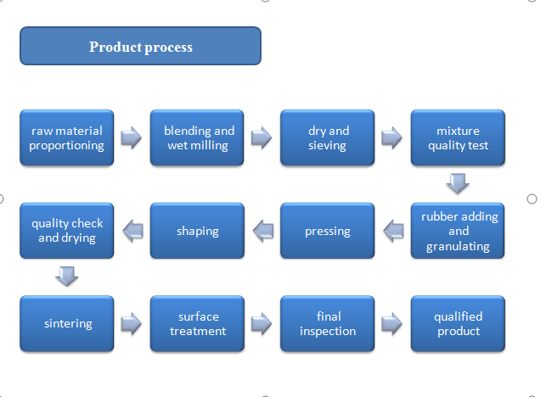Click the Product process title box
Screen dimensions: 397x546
pos(140,47)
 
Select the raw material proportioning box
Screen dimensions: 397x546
pos(66,137)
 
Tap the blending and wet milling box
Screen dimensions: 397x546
pos(197,137)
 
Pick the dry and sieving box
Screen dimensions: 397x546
pos(327,137)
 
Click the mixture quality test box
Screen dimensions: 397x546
pos(458,137)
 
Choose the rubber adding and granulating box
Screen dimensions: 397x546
pos(458,230)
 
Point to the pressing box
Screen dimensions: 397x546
pos(327,230)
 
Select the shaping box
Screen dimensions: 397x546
pos(197,230)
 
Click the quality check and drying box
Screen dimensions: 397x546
pos(66,230)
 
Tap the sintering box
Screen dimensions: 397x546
pos(66,323)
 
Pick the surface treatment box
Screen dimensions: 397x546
pos(197,323)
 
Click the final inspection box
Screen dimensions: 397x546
pos(327,323)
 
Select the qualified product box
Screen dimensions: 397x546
pos(458,323)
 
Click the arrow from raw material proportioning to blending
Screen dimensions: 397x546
pos(132,137)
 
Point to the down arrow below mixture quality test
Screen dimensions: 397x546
pos(458,183)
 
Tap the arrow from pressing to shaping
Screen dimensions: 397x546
pos(262,228)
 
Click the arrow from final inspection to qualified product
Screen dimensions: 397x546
pos(392,323)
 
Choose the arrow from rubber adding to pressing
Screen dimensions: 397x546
pos(392,228)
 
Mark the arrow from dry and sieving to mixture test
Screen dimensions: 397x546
pos(392,137)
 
